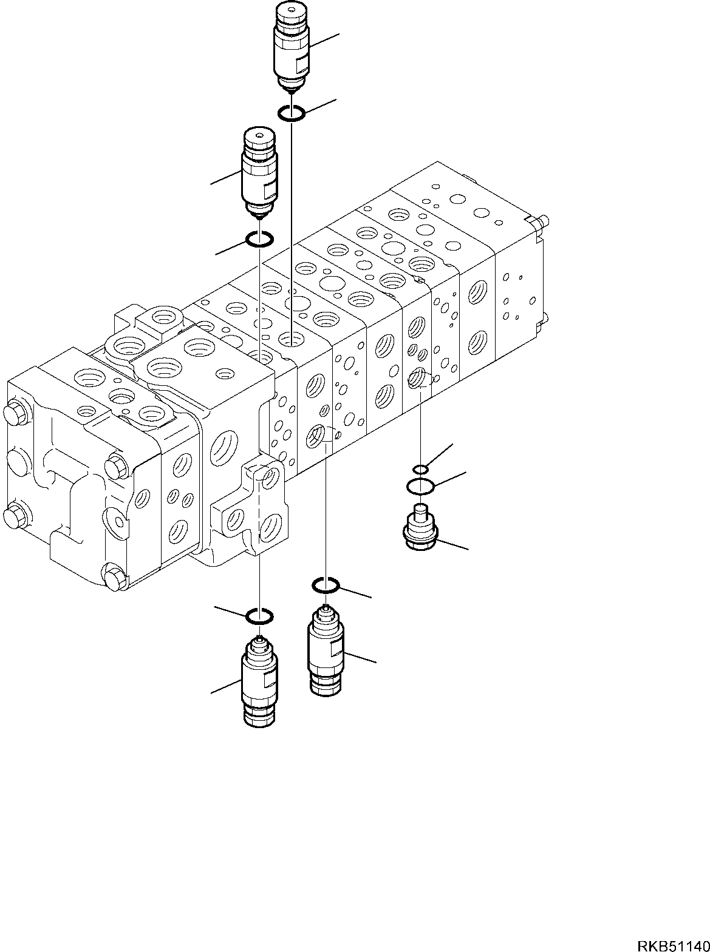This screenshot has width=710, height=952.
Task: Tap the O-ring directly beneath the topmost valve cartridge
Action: (x=292, y=113)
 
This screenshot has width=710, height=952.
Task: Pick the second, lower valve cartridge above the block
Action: (x=259, y=173)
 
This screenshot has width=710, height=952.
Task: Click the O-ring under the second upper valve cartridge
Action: (x=259, y=240)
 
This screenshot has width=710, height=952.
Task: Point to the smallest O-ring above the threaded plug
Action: (x=420, y=469)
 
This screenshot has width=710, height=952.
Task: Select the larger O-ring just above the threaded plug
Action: (x=420, y=486)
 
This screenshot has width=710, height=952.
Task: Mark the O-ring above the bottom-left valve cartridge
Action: (x=259, y=617)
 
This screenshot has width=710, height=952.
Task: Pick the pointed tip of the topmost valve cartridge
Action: (x=292, y=89)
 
